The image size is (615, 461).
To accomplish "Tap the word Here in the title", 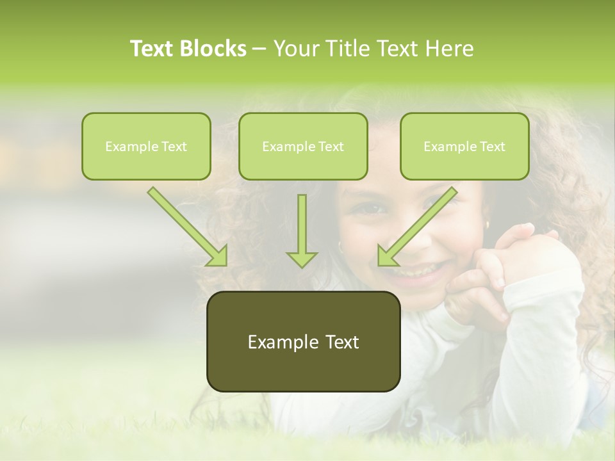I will coord(449,49).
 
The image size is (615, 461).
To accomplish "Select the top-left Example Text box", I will coord(146,146).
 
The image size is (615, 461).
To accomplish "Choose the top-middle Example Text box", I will coord(303,146).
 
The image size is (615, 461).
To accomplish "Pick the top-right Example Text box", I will coord(464,146).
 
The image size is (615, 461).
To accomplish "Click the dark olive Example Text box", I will coord(303,342).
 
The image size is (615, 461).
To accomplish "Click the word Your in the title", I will coord(293,49).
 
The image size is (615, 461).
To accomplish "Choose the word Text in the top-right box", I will coord(491,146).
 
